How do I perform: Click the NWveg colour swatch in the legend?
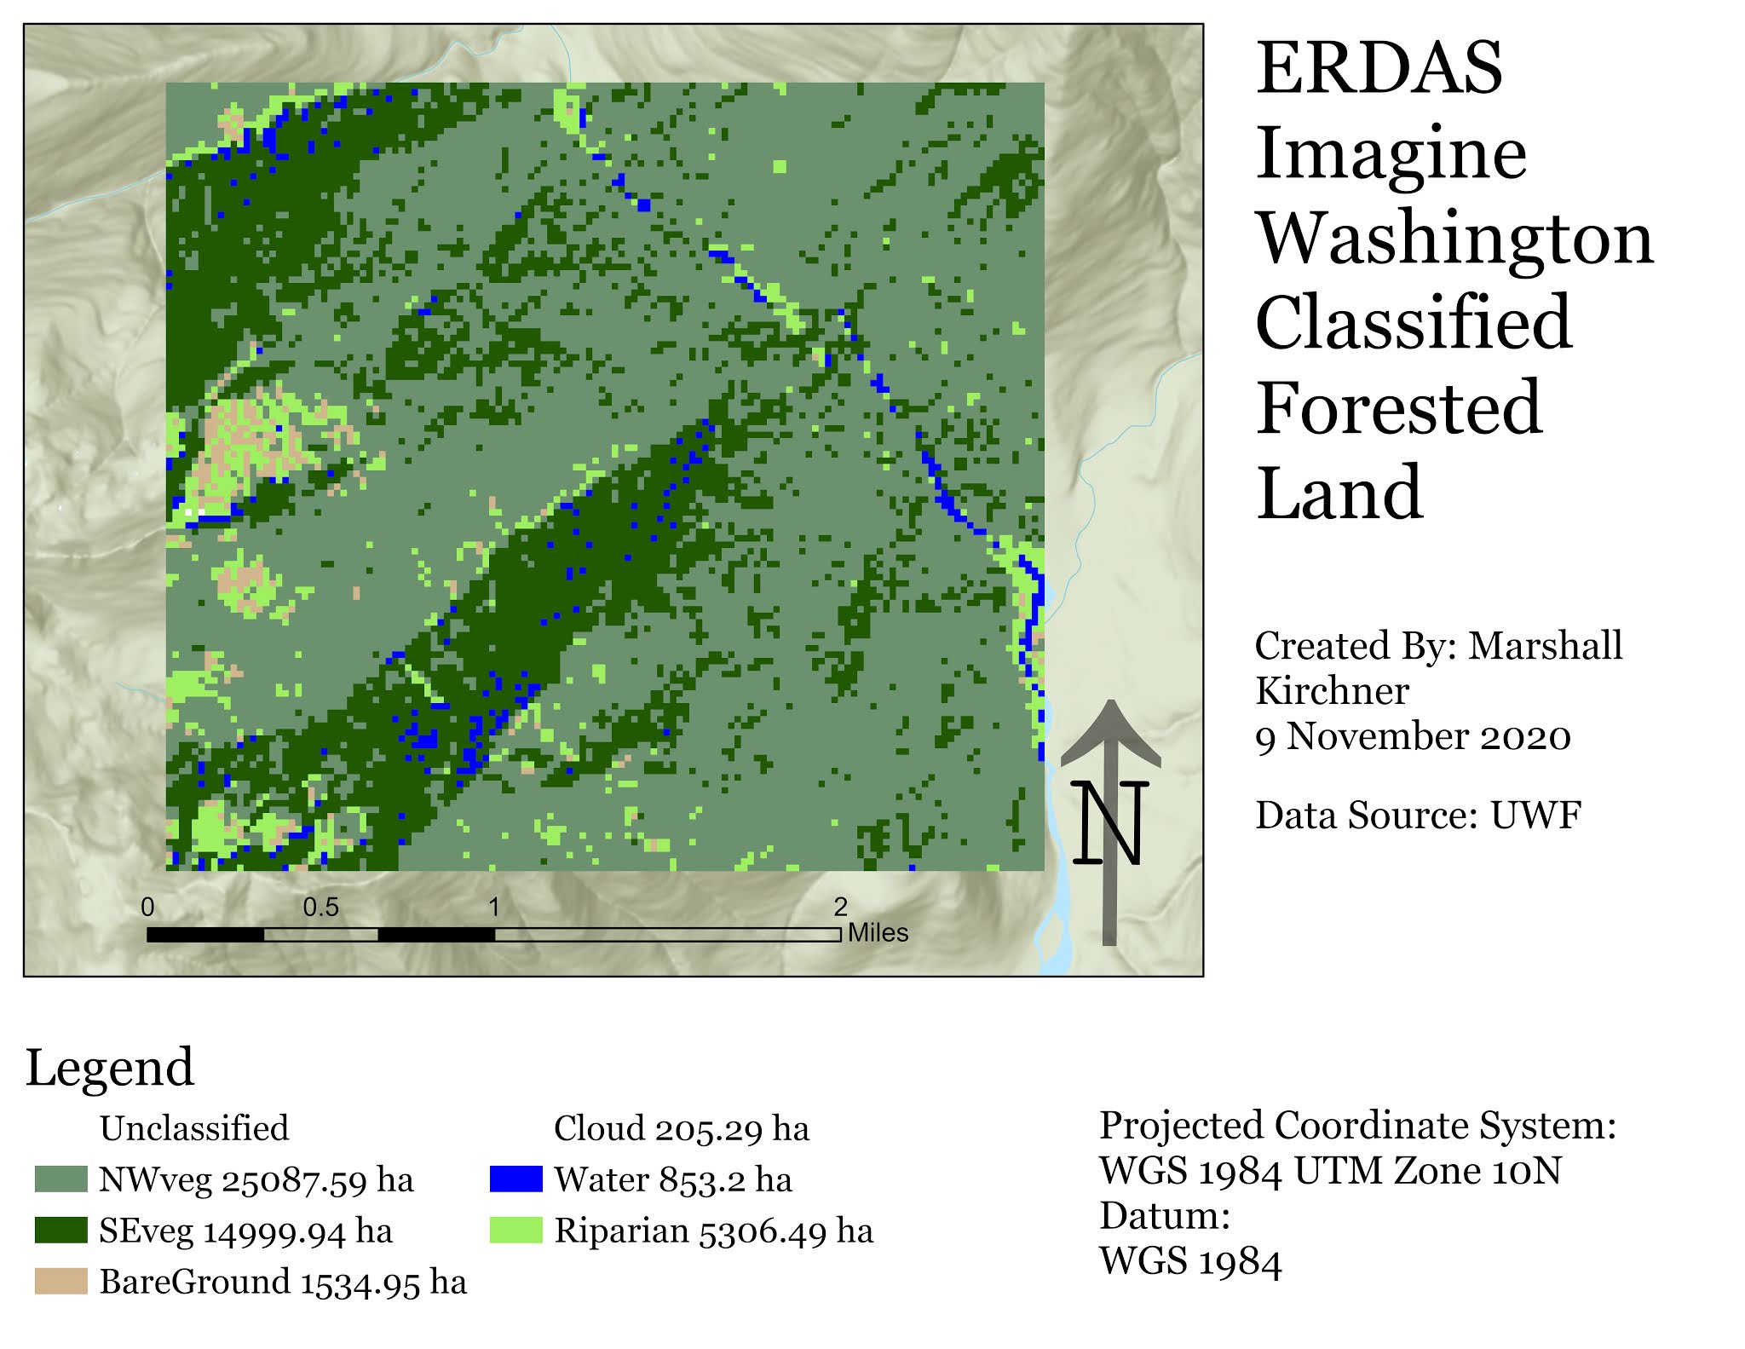tap(60, 1179)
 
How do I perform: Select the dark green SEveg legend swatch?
tap(60, 1231)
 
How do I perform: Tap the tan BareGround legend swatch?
tap(60, 1282)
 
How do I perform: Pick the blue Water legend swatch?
tap(515, 1179)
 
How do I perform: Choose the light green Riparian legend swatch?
tap(515, 1231)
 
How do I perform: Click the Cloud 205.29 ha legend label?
tap(681, 1128)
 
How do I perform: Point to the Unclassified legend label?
tap(194, 1128)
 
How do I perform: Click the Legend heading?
tap(110, 1067)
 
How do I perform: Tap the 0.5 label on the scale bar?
tap(320, 908)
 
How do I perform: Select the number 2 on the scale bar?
tap(840, 907)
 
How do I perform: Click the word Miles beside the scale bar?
tap(878, 933)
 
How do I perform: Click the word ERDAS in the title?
tap(1379, 68)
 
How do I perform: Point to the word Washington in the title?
tap(1454, 238)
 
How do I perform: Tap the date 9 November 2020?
tap(1413, 736)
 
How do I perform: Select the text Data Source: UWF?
tap(1418, 816)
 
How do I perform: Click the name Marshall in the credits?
tap(1545, 646)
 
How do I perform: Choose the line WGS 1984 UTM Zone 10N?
tap(1330, 1171)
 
